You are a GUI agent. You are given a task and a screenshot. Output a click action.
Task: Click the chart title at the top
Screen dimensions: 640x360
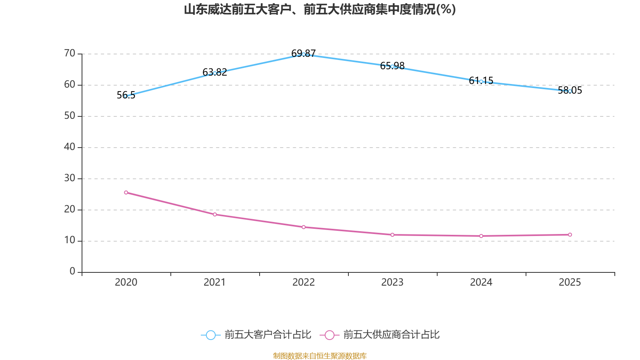(320, 10)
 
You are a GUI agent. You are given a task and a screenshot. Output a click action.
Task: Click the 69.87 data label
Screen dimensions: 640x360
(304, 53)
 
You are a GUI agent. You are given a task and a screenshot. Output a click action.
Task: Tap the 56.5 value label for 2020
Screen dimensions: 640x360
(126, 95)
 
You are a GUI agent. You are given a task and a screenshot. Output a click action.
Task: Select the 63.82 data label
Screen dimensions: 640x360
(215, 72)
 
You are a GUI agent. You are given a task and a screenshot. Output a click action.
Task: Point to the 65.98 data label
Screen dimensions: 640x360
(392, 66)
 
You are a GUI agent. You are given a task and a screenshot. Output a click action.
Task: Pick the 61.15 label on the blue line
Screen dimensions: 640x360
(481, 80)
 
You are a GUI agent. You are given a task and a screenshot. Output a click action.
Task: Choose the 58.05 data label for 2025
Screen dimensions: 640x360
(570, 90)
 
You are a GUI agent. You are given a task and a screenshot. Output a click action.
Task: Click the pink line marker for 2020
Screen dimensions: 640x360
(126, 192)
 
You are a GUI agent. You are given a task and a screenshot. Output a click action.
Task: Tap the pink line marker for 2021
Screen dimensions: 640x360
(215, 214)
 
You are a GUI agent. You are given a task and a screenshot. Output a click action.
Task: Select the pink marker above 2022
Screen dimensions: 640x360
(304, 227)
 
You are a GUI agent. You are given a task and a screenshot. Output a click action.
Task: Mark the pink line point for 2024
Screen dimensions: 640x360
(481, 236)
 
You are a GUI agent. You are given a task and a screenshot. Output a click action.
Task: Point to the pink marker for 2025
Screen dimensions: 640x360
(570, 234)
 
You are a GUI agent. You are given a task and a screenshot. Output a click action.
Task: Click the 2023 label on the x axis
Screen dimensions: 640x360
(392, 282)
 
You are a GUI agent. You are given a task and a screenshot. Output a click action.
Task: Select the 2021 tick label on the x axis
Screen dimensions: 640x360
(214, 282)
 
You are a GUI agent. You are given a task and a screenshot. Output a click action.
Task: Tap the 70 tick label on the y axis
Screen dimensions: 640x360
(70, 54)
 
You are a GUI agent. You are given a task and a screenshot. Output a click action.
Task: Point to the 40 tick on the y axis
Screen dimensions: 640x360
(70, 147)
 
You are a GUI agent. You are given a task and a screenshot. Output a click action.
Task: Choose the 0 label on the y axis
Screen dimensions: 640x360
(72, 271)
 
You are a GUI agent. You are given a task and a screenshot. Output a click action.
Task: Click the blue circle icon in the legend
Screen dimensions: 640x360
(211, 335)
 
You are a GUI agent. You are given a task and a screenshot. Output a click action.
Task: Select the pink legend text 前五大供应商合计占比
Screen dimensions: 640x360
(392, 334)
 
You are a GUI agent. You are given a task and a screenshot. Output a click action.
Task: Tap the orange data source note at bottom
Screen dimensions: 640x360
(320, 356)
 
